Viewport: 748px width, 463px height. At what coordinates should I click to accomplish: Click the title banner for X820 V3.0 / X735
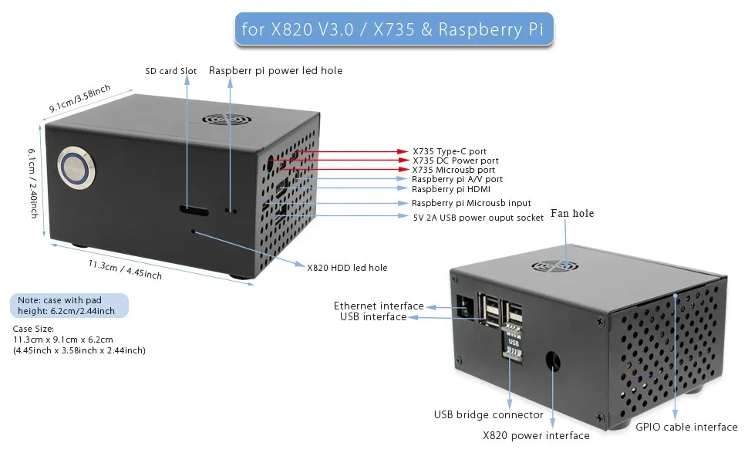point(393,29)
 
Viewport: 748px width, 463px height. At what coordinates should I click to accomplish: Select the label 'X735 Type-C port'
point(450,151)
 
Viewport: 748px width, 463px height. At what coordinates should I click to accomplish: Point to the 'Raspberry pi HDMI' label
point(451,189)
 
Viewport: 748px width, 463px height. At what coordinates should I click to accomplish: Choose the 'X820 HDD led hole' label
point(347,268)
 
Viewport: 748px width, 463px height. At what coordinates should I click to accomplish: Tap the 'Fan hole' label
point(572,213)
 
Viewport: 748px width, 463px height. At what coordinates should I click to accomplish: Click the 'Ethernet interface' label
point(379,306)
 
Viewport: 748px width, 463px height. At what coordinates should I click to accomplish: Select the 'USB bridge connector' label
point(488,415)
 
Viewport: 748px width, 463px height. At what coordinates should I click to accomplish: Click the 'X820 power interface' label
point(536,436)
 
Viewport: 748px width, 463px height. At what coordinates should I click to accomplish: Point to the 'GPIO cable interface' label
point(686,427)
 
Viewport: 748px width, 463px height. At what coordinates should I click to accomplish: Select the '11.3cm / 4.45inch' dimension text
point(125,269)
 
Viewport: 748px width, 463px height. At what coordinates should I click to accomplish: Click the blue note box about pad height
point(69,306)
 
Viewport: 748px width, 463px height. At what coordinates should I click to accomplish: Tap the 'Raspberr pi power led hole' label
point(275,70)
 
